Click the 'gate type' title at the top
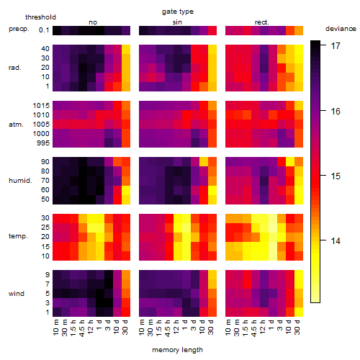(178, 12)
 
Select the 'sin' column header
(177, 22)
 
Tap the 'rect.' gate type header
(261, 22)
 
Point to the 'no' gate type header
(93, 22)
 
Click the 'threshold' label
(40, 17)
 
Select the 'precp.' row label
(19, 29)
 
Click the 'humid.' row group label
(20, 180)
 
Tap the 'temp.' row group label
(18, 236)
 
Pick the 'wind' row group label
(17, 293)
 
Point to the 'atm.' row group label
(16, 125)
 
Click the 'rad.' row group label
(15, 68)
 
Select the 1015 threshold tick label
(41, 105)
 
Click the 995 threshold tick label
(43, 143)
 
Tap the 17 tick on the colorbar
(336, 45)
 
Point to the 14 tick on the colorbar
(336, 240)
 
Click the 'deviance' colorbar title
(341, 29)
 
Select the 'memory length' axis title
(177, 350)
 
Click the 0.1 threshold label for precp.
(44, 30)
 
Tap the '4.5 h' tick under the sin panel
(168, 328)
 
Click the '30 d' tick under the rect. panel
(297, 327)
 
